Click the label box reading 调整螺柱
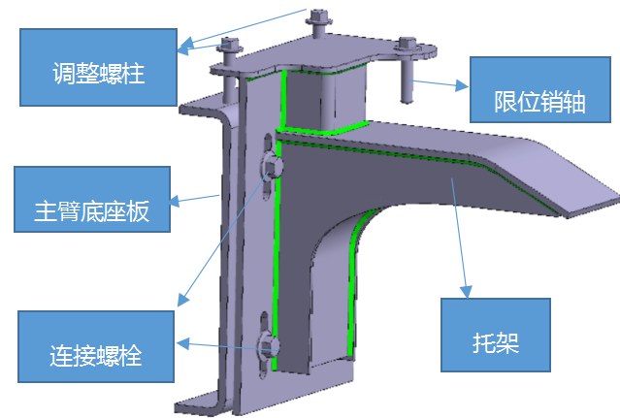[98, 67]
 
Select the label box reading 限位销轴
[540, 89]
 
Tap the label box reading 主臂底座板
[92, 199]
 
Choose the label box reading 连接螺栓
[96, 346]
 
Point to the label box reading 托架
[496, 335]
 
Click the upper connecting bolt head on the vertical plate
[272, 166]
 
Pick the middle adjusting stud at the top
[317, 23]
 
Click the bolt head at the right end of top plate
[408, 45]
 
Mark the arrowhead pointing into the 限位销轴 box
[462, 85]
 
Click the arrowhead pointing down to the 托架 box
[466, 292]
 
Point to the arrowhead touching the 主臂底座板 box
[176, 201]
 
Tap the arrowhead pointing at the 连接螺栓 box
[182, 343]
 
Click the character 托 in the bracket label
[484, 342]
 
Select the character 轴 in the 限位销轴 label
[574, 102]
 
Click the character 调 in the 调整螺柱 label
[64, 73]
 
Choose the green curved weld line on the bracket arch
[355, 276]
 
